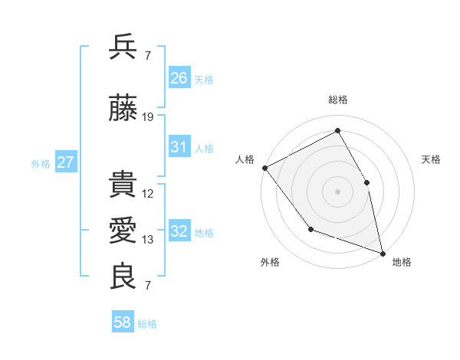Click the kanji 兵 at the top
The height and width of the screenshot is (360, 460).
point(123,47)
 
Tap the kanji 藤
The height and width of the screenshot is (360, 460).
point(123,110)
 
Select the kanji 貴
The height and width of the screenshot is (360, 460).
point(123,186)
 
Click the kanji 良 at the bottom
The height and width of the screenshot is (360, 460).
point(123,277)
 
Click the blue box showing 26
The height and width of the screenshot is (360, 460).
point(179,78)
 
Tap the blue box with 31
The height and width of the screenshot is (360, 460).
point(179,147)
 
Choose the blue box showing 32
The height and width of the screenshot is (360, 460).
point(179,231)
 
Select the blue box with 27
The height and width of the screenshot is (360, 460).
point(66,162)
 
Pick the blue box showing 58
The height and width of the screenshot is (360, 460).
point(123,323)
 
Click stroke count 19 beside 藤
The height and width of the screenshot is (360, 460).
point(148,117)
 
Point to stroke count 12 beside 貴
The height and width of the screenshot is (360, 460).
point(148,194)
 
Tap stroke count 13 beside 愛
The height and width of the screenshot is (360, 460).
point(148,240)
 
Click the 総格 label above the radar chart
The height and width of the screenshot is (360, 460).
point(337,100)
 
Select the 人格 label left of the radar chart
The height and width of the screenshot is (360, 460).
point(245,159)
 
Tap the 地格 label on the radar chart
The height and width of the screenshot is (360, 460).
point(402,262)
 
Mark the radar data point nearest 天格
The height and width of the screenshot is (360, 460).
point(366,182)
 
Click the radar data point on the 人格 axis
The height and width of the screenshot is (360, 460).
point(264,168)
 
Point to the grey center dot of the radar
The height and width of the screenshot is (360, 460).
point(337,191)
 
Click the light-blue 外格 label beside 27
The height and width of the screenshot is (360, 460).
point(40,163)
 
